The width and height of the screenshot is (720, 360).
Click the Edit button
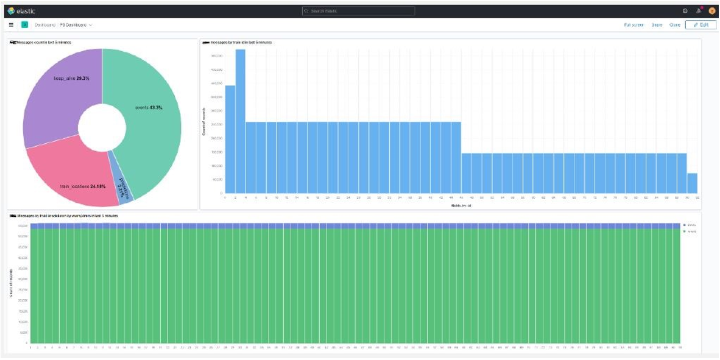click(701, 25)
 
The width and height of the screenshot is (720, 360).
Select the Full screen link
click(634, 25)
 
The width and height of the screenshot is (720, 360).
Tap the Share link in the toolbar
click(657, 25)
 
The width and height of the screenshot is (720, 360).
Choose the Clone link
click(674, 25)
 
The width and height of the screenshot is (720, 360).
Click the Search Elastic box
click(359, 11)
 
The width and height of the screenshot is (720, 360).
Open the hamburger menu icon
click(11, 25)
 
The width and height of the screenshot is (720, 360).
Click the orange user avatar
click(711, 11)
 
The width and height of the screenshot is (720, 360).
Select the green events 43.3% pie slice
click(152, 122)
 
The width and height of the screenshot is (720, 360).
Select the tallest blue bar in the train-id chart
click(241, 122)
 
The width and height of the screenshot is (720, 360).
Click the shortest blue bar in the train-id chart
click(692, 183)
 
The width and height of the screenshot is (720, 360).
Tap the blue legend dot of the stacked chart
click(685, 225)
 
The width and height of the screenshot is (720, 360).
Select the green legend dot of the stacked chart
click(685, 231)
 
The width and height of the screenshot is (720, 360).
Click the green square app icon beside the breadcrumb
click(24, 25)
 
